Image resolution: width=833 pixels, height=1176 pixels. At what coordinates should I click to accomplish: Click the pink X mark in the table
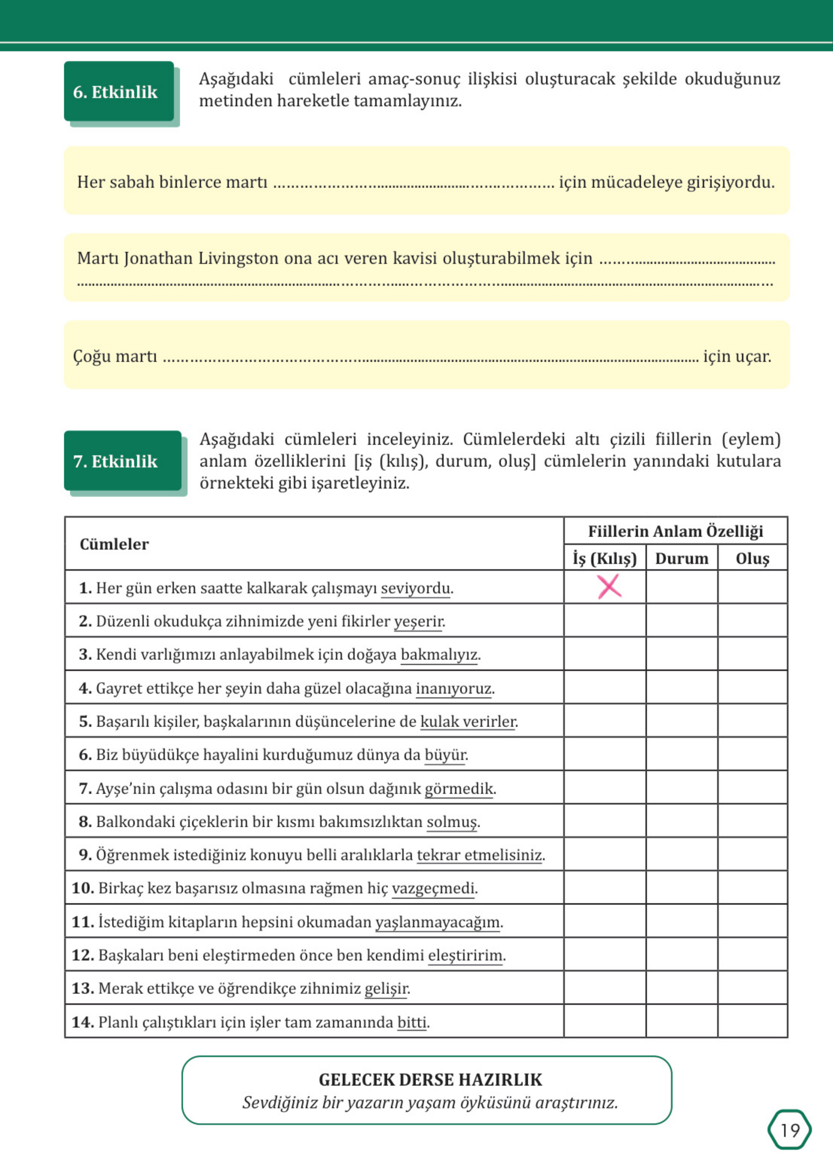coord(609,586)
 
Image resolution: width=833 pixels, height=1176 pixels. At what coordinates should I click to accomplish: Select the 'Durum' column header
coord(681,558)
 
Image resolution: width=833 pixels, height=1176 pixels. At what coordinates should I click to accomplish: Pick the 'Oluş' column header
coord(752,558)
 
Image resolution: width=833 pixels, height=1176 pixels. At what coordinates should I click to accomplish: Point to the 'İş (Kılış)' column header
coord(605,558)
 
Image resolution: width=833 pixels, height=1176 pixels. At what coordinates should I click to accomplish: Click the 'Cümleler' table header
coord(114,544)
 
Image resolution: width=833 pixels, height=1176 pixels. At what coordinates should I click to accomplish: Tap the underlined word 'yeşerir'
coord(418,621)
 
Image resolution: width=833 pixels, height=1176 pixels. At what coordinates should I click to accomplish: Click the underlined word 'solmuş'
coord(451,821)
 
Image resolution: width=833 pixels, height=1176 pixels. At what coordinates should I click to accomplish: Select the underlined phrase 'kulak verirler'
coord(468,721)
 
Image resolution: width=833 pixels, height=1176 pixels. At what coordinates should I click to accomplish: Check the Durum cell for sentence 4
coord(681,688)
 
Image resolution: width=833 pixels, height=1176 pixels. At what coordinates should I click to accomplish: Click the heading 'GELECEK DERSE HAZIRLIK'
coord(430,1080)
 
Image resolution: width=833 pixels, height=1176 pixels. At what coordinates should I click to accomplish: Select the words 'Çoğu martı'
coord(115,356)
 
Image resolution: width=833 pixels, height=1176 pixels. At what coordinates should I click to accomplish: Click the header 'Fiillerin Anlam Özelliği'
coord(675,531)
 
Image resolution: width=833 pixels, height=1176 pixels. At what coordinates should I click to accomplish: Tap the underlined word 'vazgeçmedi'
coord(433,888)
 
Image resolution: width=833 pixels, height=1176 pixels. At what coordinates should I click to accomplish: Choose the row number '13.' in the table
coord(82,988)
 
